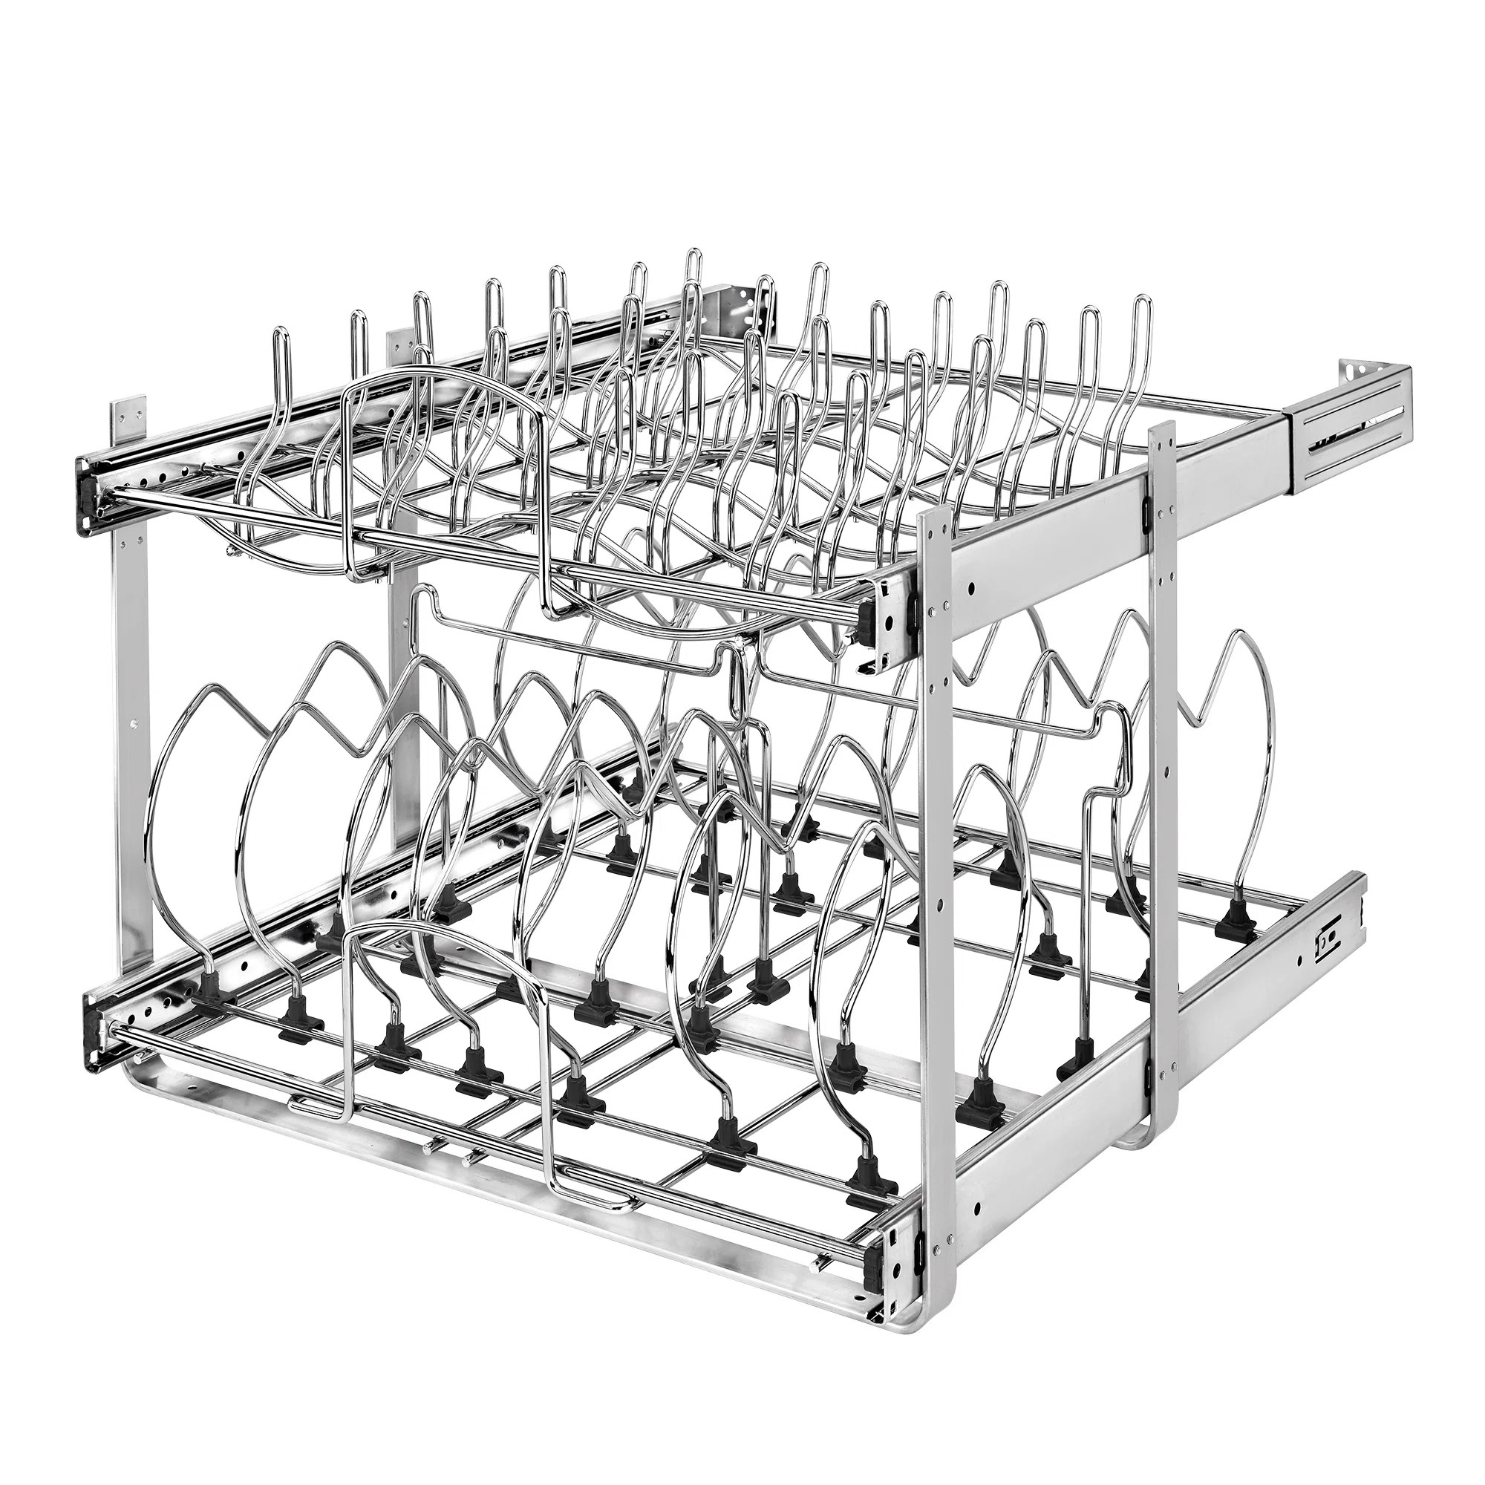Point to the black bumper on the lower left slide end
tap(94, 1022)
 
